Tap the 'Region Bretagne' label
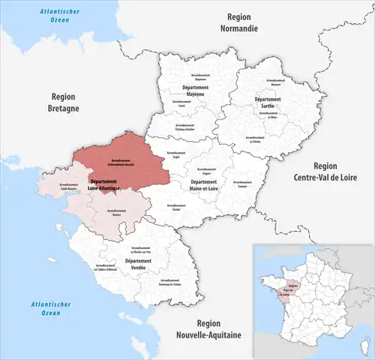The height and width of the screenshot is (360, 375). click(x=70, y=102)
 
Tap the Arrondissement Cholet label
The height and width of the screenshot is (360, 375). click(x=177, y=205)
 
